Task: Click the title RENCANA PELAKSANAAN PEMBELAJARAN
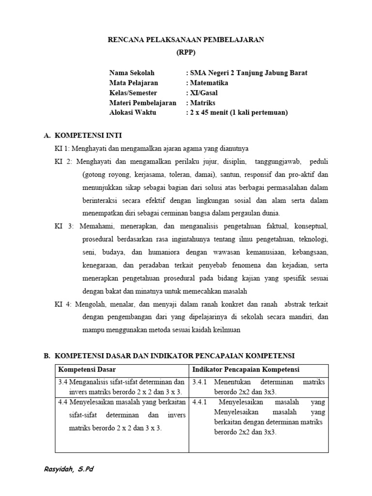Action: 186,40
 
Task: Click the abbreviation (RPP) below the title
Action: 186,53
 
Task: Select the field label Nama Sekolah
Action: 132,73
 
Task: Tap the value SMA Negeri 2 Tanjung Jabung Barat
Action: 248,73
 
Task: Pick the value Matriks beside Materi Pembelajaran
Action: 202,103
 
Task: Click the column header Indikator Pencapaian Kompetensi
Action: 246,370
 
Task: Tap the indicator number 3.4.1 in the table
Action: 200,383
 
